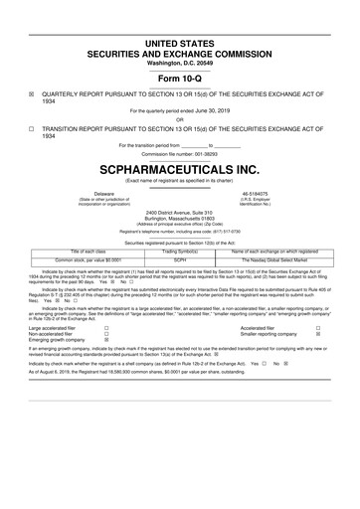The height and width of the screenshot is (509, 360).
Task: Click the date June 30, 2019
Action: click(212, 111)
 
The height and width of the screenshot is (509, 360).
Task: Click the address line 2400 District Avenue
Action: click(180, 212)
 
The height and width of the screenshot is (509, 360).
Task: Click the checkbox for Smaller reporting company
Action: click(316, 333)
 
